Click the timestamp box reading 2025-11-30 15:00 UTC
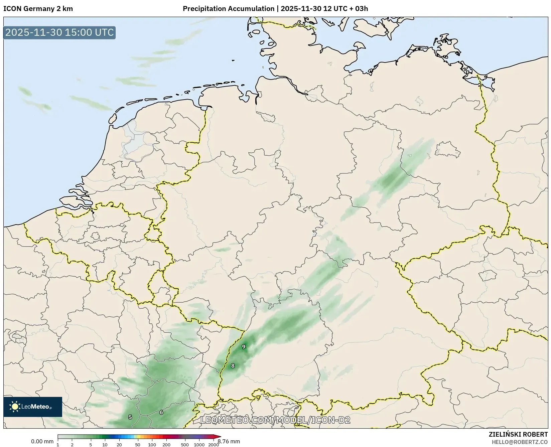coord(59,32)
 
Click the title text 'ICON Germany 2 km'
coord(38,9)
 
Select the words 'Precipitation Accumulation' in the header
coord(228,9)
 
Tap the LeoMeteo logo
coord(33,407)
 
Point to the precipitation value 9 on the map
coord(244,347)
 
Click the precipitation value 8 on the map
coord(233,366)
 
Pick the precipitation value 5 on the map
coord(130,417)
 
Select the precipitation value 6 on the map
coord(161,412)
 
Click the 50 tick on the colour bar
coord(138,445)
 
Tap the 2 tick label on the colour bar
coord(72,445)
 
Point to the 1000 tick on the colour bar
coord(199,445)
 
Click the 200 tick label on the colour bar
coord(166,445)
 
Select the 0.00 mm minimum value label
coord(42,441)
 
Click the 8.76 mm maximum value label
coord(229,441)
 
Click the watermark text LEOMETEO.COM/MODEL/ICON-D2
coord(275,420)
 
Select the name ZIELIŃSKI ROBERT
coord(518,435)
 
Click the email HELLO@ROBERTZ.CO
coord(520,442)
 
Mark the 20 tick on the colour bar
coord(119,445)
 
